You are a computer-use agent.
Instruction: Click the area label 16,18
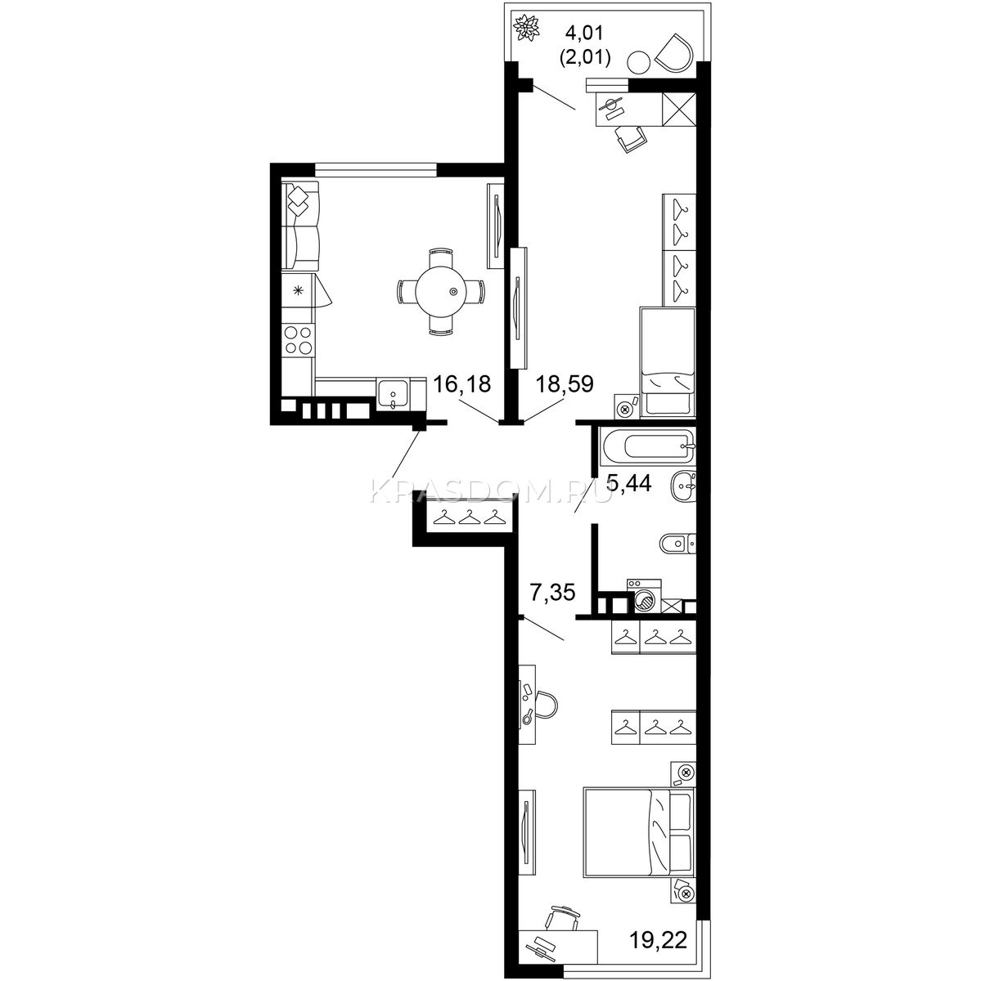[x=461, y=384]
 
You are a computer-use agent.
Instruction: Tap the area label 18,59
[x=565, y=384]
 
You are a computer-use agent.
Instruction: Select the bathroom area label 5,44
[x=629, y=483]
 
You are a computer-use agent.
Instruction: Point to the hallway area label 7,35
[x=553, y=593]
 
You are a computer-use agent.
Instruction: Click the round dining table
[x=440, y=292]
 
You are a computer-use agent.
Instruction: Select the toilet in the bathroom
[x=677, y=543]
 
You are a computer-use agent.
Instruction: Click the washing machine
[x=644, y=596]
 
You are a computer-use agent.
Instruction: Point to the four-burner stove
[x=298, y=339]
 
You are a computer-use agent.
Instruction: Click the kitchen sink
[x=393, y=393]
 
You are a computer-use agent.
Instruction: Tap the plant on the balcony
[x=527, y=28]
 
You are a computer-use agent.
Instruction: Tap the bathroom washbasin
[x=684, y=486]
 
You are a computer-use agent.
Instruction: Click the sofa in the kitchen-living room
[x=300, y=226]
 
